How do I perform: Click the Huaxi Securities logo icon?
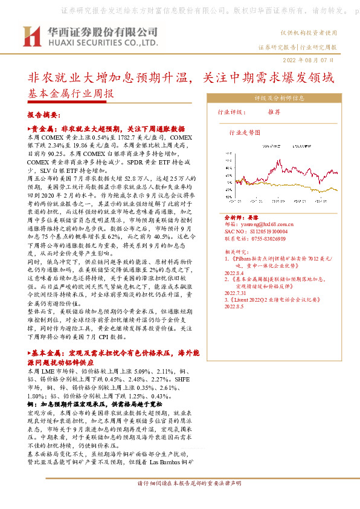(31, 37)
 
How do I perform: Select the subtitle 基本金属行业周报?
(71, 94)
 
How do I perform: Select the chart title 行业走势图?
(243, 131)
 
